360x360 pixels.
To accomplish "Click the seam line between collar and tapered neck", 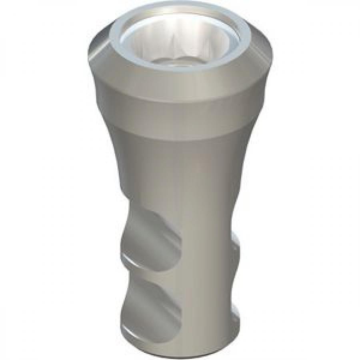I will [x=180, y=129].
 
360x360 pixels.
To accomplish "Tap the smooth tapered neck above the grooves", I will [x=180, y=168].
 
